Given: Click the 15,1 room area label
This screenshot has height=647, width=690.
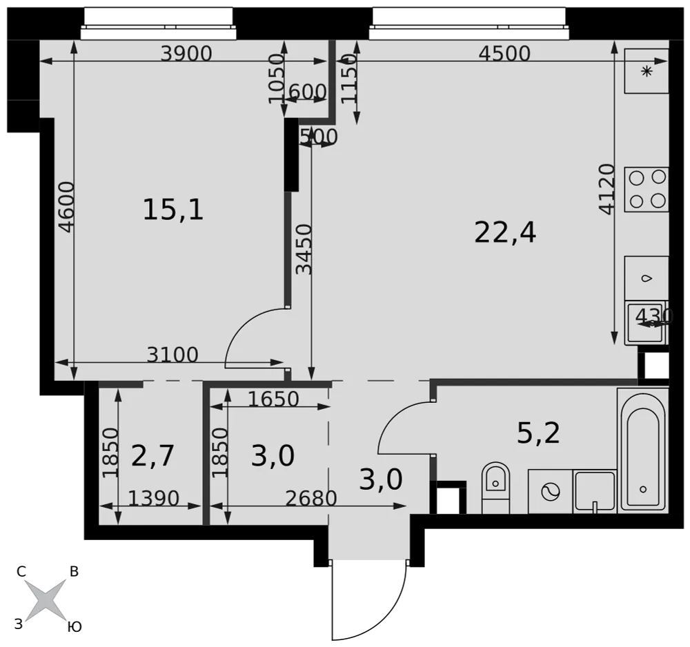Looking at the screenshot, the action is pyautogui.click(x=173, y=210).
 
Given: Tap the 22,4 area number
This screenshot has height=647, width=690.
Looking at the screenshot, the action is pyautogui.click(x=505, y=232).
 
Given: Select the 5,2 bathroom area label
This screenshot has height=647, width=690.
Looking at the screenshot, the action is pyautogui.click(x=538, y=432).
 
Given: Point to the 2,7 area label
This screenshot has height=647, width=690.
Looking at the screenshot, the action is pyautogui.click(x=152, y=455).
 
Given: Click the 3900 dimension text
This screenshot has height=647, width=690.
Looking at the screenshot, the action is pyautogui.click(x=186, y=54).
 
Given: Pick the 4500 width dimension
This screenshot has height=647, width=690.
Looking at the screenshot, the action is pyautogui.click(x=504, y=54).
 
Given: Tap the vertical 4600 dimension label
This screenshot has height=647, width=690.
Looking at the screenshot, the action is pyautogui.click(x=68, y=207).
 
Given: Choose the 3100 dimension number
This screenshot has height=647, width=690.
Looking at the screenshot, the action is pyautogui.click(x=172, y=355).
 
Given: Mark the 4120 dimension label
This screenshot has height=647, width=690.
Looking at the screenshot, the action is pyautogui.click(x=607, y=189).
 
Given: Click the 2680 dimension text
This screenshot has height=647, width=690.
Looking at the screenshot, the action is pyautogui.click(x=311, y=498).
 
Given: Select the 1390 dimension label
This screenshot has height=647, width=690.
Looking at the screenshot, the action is pyautogui.click(x=154, y=498).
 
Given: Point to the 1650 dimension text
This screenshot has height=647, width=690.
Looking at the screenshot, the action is pyautogui.click(x=274, y=399).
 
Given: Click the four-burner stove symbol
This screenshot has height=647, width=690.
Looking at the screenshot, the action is pyautogui.click(x=647, y=189).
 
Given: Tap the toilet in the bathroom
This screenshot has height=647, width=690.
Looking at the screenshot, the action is pyautogui.click(x=495, y=488).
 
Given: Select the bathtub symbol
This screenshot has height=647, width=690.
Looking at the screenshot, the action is pyautogui.click(x=643, y=450).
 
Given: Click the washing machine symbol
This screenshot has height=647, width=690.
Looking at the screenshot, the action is pyautogui.click(x=550, y=491).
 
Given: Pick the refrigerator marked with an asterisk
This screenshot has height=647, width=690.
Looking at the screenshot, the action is pyautogui.click(x=647, y=71).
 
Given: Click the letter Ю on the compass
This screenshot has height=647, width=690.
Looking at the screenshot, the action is pyautogui.click(x=75, y=627).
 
